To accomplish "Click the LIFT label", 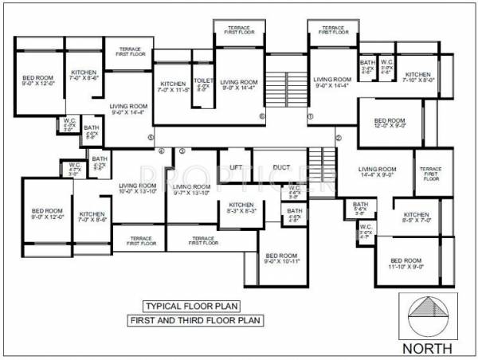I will (236, 167).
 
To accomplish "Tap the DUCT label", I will (280, 167).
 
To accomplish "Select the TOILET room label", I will (203, 83).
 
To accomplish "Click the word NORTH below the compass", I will (429, 348).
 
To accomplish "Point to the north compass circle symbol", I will (429, 317).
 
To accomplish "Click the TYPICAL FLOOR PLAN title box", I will (192, 306).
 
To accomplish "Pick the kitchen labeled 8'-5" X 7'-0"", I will (417, 218).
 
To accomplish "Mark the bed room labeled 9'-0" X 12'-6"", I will (37, 81).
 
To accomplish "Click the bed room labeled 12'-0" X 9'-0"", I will (390, 123).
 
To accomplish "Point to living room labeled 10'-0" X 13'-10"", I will (137, 189).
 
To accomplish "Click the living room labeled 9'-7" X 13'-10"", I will (192, 189).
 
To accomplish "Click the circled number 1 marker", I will (311, 117).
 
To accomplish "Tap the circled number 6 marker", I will (261, 117).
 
